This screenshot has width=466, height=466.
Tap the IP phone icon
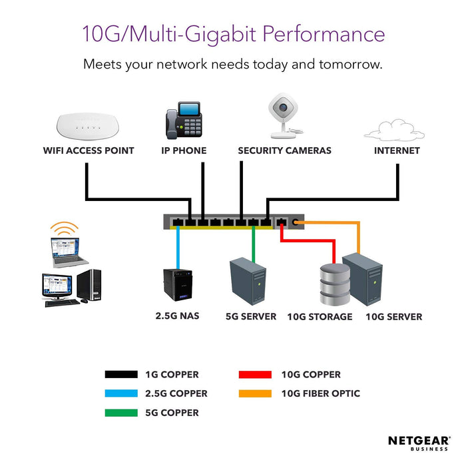(x=184, y=120)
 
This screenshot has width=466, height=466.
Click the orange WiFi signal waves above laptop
(x=65, y=230)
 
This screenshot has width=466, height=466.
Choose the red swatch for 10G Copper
(x=256, y=375)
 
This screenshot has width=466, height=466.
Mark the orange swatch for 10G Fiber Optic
(x=256, y=393)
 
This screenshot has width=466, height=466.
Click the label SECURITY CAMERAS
(x=284, y=150)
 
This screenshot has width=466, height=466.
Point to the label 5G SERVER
(x=250, y=316)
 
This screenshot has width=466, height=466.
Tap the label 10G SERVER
(x=393, y=317)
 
